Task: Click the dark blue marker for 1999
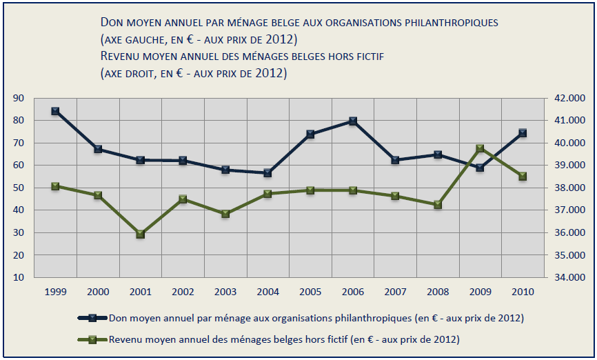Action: tap(55, 111)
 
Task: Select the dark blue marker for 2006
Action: tap(353, 121)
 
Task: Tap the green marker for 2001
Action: tap(140, 234)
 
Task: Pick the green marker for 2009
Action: tap(480, 149)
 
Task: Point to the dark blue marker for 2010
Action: tap(523, 133)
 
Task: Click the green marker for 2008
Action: tap(438, 205)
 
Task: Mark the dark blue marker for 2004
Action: tap(267, 173)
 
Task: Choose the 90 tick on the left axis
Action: tap(19, 99)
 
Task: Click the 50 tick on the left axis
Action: tap(19, 188)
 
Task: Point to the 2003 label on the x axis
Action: tap(225, 292)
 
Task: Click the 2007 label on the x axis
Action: tap(395, 292)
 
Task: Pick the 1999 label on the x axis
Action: tap(55, 292)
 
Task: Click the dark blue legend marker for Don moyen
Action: tap(92, 318)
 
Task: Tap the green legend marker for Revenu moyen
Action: tap(92, 339)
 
